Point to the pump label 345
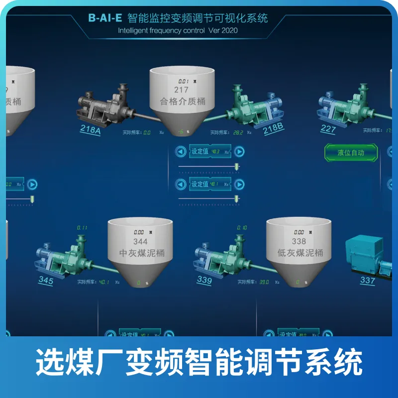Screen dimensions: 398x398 46,281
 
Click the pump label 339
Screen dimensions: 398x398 204,280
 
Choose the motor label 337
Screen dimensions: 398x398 367,281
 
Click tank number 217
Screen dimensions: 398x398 181,90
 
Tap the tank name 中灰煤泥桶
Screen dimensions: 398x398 138,253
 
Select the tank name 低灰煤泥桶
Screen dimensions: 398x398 300,253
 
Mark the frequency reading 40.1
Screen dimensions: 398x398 104,283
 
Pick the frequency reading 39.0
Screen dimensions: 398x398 264,282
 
